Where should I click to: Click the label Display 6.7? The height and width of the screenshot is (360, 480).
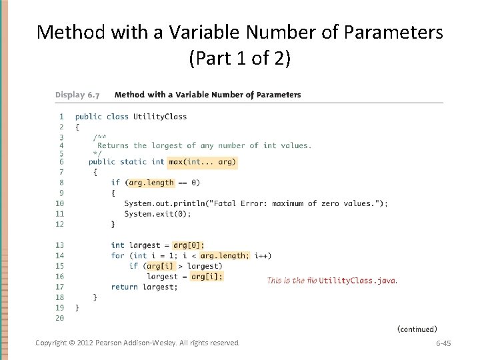pyautogui.click(x=79, y=95)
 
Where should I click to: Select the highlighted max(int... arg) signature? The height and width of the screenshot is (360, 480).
pyautogui.click(x=203, y=161)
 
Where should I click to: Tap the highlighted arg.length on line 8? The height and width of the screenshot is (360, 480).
pyautogui.click(x=151, y=183)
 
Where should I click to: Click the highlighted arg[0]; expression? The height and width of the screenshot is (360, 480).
pyautogui.click(x=189, y=245)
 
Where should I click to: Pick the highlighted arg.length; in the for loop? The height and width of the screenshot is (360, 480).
pyautogui.click(x=225, y=255)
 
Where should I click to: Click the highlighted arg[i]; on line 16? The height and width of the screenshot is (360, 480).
pyautogui.click(x=207, y=276)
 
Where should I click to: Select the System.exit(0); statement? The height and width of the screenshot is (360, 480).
pyautogui.click(x=158, y=214)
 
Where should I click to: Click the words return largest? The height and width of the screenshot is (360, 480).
pyautogui.click(x=145, y=287)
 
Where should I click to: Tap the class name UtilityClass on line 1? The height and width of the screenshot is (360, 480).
pyautogui.click(x=160, y=117)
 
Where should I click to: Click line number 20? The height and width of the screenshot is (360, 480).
pyautogui.click(x=59, y=318)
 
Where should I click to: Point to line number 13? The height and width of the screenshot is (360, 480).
pyautogui.click(x=59, y=245)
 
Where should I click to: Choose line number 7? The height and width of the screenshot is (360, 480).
pyautogui.click(x=61, y=172)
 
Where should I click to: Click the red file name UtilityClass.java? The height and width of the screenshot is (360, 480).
pyautogui.click(x=357, y=281)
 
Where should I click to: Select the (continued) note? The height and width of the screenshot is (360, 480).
pyautogui.click(x=417, y=329)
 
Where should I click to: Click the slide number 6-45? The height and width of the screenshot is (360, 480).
pyautogui.click(x=443, y=343)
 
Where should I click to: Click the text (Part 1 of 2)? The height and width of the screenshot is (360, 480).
pyautogui.click(x=240, y=59)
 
